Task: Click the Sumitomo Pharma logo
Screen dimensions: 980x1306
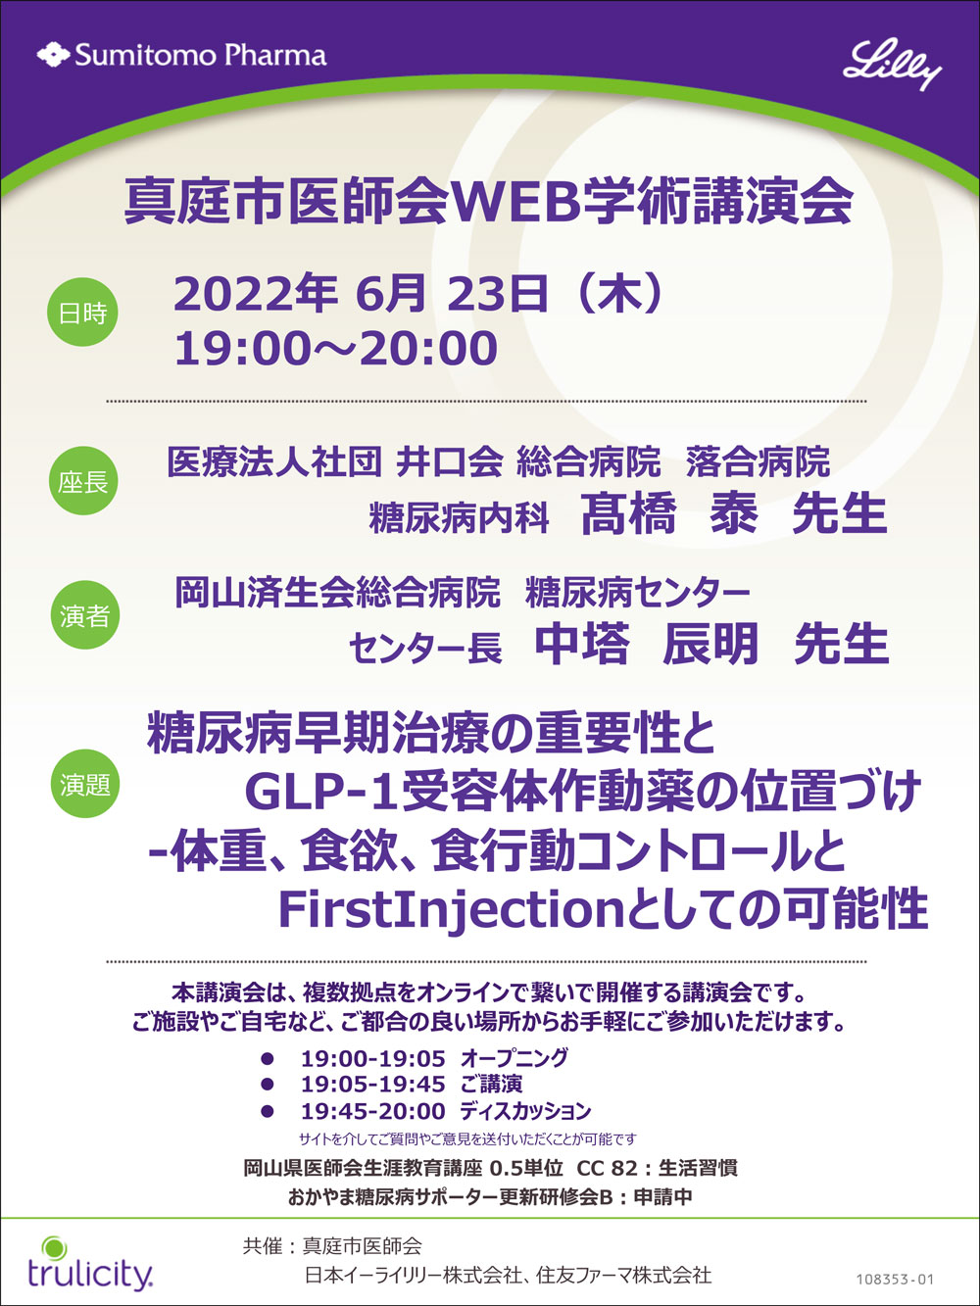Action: click(x=181, y=55)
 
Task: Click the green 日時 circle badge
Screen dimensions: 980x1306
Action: click(x=82, y=312)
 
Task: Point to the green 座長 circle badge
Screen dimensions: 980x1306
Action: click(x=82, y=480)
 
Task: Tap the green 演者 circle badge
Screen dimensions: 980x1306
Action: click(x=84, y=614)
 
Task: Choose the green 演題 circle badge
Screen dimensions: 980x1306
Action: click(x=84, y=784)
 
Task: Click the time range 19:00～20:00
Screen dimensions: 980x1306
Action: click(x=336, y=348)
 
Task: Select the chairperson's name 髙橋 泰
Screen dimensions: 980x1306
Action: click(x=669, y=514)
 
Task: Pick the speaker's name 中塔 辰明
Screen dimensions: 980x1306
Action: click(x=647, y=644)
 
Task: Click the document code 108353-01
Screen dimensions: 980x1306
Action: click(x=896, y=1275)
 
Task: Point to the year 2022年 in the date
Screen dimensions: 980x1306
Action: click(x=256, y=294)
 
